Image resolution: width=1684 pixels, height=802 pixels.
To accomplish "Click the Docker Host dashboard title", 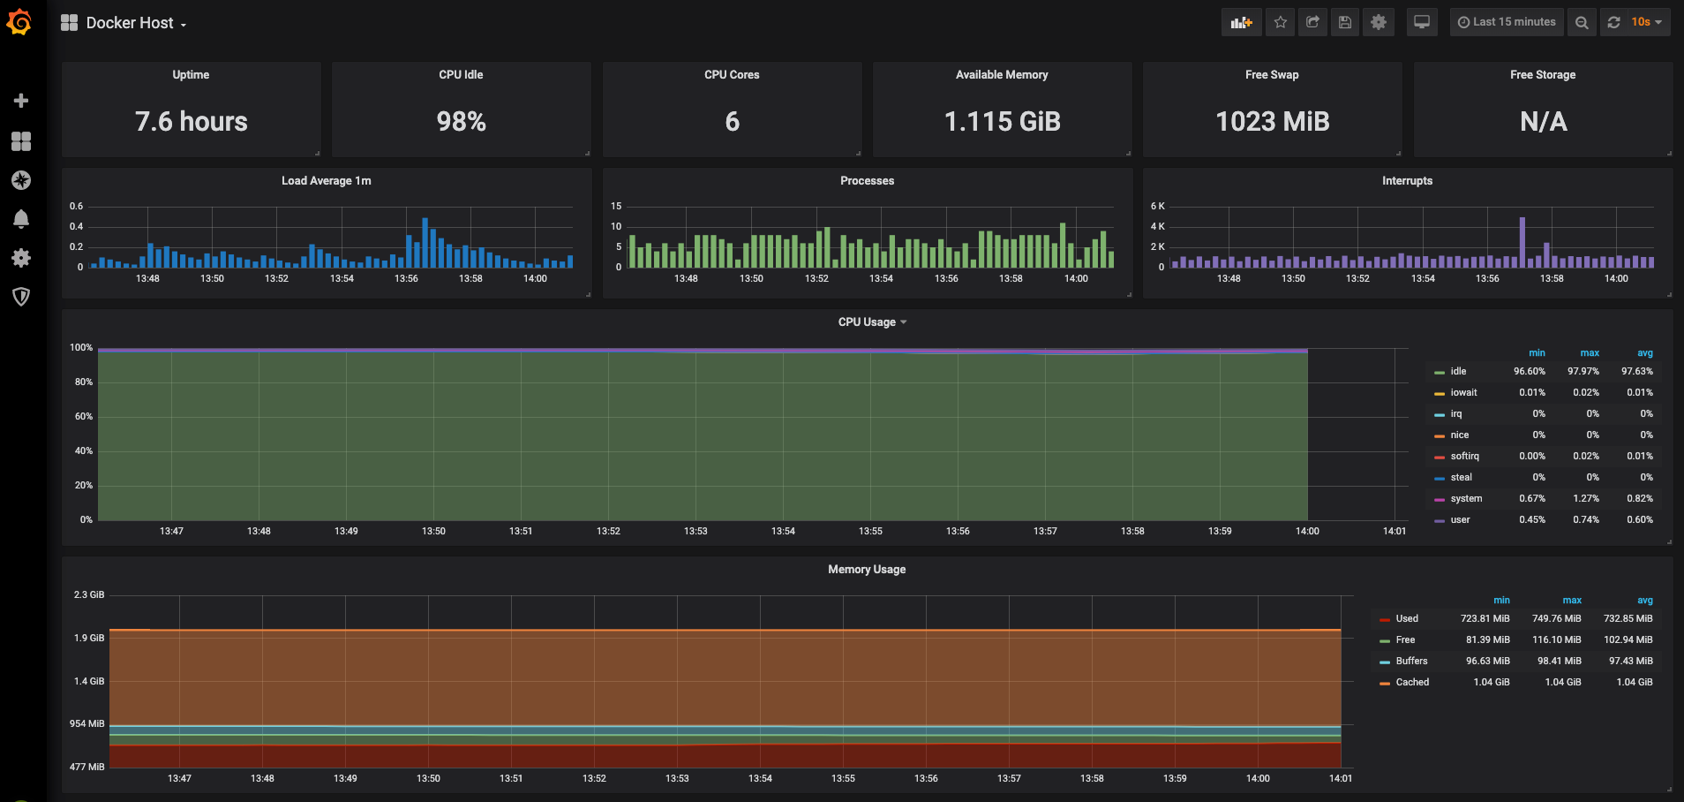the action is (x=130, y=23).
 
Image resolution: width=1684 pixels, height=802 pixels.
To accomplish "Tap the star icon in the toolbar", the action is (x=1281, y=22).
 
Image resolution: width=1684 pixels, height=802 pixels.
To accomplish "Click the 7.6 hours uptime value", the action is (x=192, y=122).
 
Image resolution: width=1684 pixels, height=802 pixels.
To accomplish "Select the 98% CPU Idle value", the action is (x=462, y=122).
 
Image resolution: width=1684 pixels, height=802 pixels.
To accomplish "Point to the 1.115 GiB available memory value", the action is (x=1003, y=122).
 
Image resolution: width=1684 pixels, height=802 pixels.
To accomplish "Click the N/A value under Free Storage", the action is (x=1544, y=122).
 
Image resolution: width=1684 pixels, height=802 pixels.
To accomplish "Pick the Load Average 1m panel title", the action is (x=327, y=181).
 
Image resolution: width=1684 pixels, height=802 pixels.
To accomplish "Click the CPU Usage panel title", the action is (x=867, y=322).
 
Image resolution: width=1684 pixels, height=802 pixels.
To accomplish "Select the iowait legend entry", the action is (x=1463, y=393).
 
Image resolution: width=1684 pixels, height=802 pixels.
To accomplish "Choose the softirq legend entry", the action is (x=1464, y=457).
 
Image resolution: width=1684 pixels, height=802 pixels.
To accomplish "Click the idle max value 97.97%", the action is (x=1583, y=372).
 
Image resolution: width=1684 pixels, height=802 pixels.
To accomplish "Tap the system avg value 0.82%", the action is (x=1640, y=499).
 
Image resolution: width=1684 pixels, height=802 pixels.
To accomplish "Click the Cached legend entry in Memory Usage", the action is (x=1412, y=683).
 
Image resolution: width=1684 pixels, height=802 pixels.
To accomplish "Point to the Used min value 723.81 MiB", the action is (x=1485, y=619).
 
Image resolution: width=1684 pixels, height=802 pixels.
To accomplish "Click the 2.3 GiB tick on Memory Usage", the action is (x=89, y=595).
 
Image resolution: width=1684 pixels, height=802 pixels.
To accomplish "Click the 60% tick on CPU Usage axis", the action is (x=84, y=417).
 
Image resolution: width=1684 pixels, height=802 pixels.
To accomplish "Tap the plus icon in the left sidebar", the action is (x=21, y=101).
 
